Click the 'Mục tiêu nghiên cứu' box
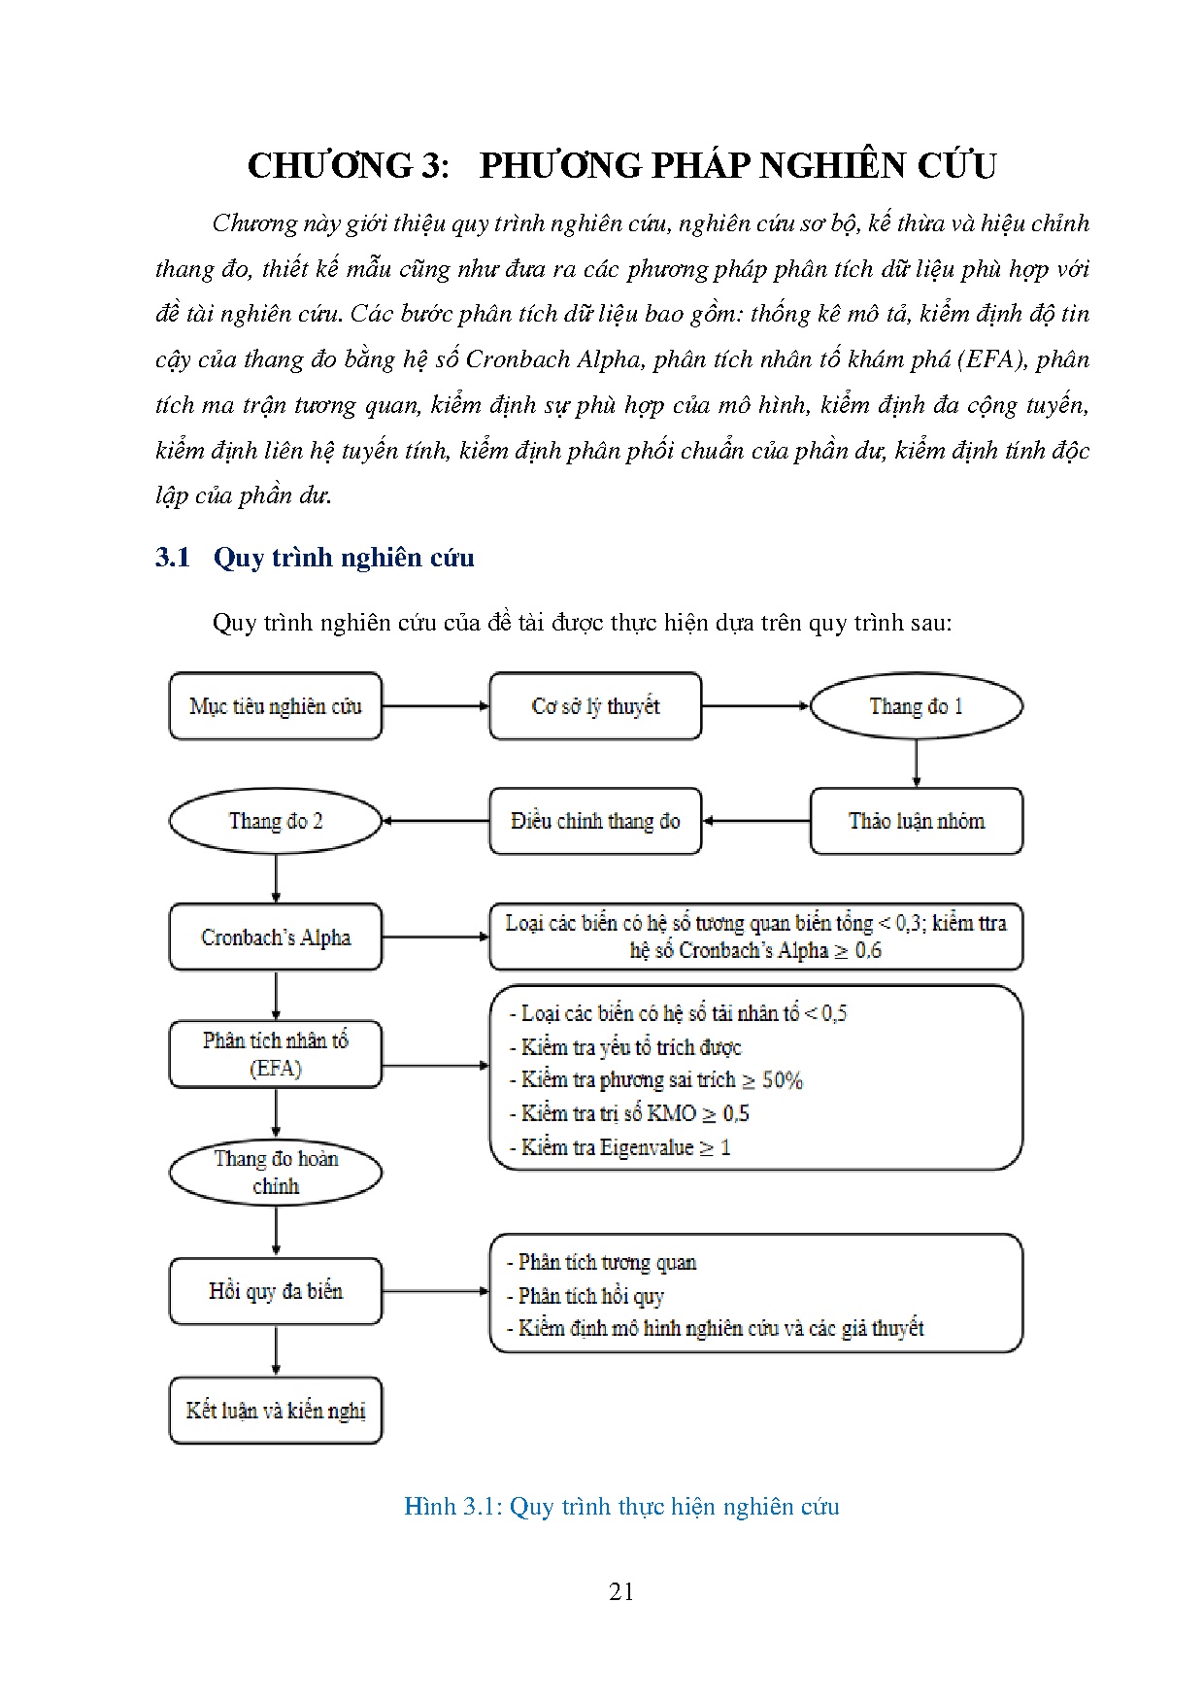(276, 706)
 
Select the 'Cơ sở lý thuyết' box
(595, 706)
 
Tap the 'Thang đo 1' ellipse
(916, 706)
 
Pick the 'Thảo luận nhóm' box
(916, 821)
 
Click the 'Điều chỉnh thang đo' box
(595, 821)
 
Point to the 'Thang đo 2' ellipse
(276, 821)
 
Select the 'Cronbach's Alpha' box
(276, 937)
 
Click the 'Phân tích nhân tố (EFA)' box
(276, 1054)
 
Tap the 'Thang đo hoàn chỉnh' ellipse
(276, 1172)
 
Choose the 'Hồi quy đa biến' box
(276, 1291)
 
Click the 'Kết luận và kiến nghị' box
(276, 1411)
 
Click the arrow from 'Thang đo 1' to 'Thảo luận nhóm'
(916, 763)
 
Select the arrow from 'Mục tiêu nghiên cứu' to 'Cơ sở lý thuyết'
(435, 706)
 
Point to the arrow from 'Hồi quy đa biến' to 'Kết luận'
(277, 1350)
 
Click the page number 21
(621, 1591)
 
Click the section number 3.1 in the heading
(172, 558)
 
